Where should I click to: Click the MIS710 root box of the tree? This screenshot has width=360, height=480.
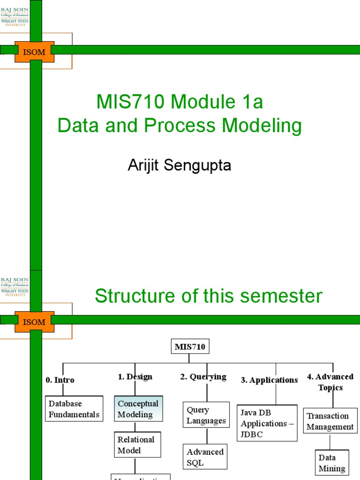[190, 347]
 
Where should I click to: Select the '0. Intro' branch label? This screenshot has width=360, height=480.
[60, 380]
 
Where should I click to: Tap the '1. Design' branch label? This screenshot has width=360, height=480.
[135, 376]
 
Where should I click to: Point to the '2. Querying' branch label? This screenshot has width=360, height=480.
[203, 376]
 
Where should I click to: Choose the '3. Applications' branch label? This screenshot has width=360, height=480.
[269, 380]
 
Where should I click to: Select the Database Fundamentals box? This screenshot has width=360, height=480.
[75, 409]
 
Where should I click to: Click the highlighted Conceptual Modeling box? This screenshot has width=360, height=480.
[138, 409]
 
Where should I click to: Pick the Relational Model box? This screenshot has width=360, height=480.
[137, 445]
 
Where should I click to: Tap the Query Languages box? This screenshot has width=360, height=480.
[206, 415]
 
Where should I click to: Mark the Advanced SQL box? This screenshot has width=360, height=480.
[205, 457]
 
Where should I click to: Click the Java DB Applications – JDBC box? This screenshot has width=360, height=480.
[267, 423]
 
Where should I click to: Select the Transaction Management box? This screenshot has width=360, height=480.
[330, 421]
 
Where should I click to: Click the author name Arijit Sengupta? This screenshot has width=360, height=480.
[180, 165]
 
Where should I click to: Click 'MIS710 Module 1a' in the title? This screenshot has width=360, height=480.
[180, 102]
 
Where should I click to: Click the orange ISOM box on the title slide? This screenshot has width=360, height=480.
[35, 52]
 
